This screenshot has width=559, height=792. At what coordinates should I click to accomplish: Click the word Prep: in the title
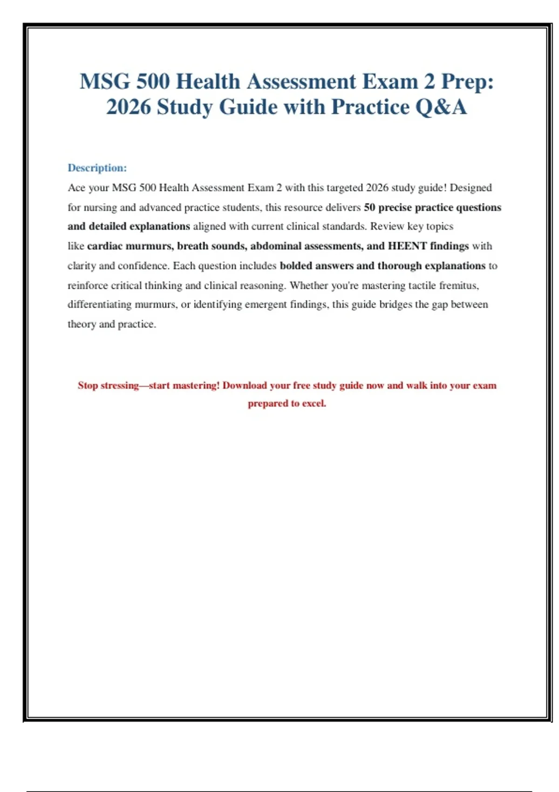pyautogui.click(x=467, y=82)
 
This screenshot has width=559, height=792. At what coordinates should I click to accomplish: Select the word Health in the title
pyautogui.click(x=208, y=82)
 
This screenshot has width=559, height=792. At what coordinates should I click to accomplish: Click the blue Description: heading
pyautogui.click(x=97, y=168)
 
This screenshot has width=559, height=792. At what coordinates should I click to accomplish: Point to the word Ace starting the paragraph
pyautogui.click(x=76, y=188)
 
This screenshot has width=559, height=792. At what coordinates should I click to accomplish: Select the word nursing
pyautogui.click(x=100, y=207)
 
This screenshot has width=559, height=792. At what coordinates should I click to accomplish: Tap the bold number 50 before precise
pyautogui.click(x=369, y=207)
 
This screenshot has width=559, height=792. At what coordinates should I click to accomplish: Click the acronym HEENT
pyautogui.click(x=407, y=246)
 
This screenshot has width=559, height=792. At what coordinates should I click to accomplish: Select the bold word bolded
pyautogui.click(x=296, y=266)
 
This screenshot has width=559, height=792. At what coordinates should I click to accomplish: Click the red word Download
pyautogui.click(x=245, y=386)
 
